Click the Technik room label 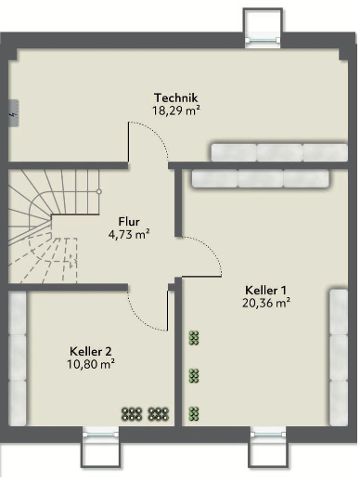coord(175,97)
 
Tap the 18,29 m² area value coord(175,110)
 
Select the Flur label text coord(129,222)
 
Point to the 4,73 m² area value coord(129,234)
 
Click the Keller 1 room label coord(265,291)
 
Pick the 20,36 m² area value coord(266,303)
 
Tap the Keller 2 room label coord(91,352)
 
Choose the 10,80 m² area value coord(91,364)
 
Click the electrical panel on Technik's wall coord(14,113)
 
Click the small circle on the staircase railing coord(99,192)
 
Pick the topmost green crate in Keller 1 coord(194,338)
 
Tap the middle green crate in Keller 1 coord(194,376)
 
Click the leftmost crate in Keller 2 coord(132,414)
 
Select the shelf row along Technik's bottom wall coord(279,152)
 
